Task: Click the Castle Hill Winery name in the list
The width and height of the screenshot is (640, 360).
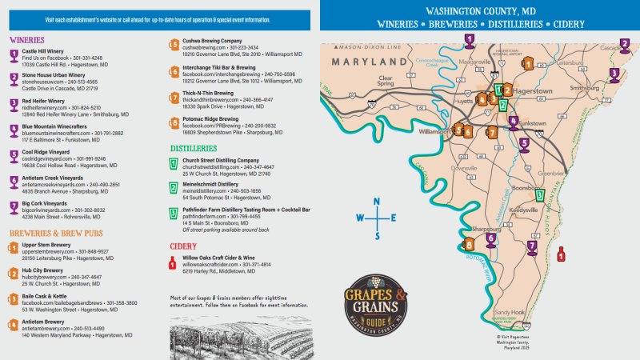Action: point(45,50)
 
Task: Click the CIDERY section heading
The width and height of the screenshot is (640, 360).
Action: point(183,246)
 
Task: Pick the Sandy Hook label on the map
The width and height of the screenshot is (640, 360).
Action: point(509,312)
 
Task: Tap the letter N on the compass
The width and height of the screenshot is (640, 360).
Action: point(378,202)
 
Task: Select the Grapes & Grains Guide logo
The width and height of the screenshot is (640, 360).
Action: point(376,299)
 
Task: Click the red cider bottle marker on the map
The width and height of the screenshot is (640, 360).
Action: point(561,254)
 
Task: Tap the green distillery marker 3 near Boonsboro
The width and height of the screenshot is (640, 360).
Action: point(539,194)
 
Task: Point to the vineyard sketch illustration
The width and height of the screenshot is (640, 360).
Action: point(239,337)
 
